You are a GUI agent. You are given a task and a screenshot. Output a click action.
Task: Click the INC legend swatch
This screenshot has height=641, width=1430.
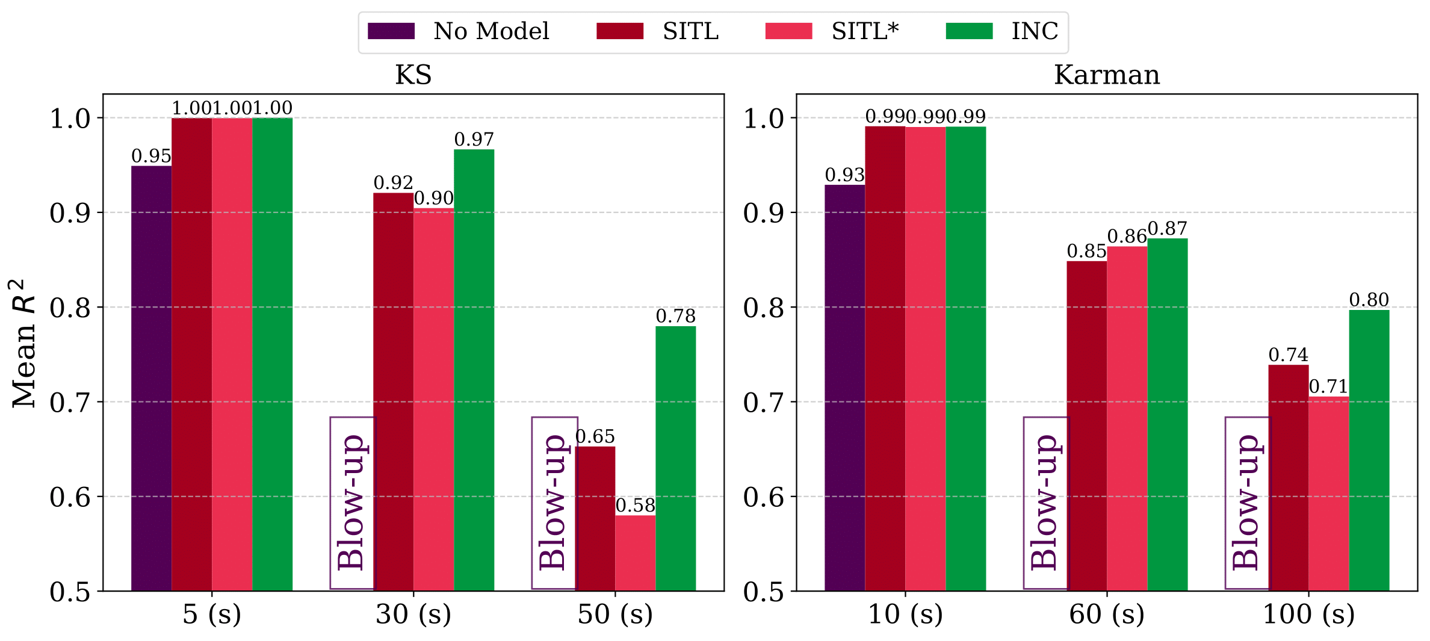tap(968, 31)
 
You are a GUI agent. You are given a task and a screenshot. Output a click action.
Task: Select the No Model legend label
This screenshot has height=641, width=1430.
tap(491, 31)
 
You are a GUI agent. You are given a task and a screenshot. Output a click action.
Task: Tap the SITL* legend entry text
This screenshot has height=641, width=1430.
tap(865, 31)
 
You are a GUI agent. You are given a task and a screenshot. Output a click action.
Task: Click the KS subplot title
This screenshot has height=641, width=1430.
tap(413, 75)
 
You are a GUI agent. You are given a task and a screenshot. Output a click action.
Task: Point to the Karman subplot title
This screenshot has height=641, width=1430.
tap(1106, 75)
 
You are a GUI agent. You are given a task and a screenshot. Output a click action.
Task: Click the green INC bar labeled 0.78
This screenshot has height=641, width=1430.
tap(675, 458)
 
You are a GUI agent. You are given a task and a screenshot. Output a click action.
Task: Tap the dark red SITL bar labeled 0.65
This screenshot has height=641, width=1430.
tap(595, 518)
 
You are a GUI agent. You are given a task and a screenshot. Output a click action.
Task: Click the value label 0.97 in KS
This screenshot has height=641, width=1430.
tap(474, 140)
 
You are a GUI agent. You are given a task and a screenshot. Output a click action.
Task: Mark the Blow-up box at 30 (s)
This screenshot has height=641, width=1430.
tap(352, 503)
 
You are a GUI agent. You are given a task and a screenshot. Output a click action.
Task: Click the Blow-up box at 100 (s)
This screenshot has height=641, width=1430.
tap(1247, 503)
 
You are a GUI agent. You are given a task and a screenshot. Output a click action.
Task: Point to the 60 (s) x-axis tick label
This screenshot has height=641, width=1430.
tap(1106, 615)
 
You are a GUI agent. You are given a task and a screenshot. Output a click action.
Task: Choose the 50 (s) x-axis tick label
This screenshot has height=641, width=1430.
tap(614, 615)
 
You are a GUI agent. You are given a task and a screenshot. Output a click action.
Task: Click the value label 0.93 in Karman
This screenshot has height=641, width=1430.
tap(844, 175)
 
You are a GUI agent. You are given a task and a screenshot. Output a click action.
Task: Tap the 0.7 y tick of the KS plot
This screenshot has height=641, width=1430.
tap(70, 403)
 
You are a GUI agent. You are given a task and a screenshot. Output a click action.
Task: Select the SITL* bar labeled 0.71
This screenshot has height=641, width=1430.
tap(1328, 494)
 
